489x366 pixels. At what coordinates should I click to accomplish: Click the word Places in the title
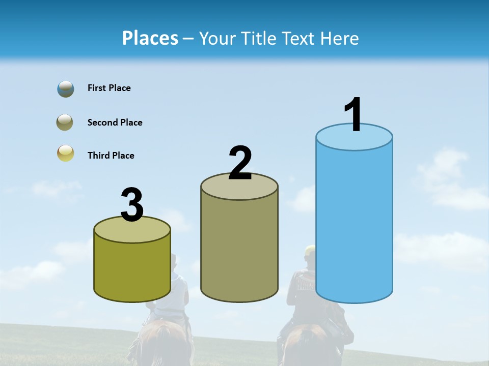[150, 38]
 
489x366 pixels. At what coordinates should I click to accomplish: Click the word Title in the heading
[259, 38]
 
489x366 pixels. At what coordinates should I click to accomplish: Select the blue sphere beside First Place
[66, 89]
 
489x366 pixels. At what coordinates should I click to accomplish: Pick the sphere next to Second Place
[65, 123]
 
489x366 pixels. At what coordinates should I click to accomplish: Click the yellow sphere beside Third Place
[65, 154]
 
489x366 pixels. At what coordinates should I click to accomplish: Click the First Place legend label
[109, 88]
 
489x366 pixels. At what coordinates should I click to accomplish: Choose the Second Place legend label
[115, 123]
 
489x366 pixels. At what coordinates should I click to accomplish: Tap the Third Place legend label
[111, 156]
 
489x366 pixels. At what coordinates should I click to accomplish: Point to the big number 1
[353, 115]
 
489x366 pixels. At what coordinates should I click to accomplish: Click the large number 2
[240, 163]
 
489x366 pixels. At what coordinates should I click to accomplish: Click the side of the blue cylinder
[354, 224]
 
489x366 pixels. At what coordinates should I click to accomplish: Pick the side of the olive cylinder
[132, 269]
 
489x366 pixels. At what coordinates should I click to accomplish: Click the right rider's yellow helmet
[310, 250]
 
